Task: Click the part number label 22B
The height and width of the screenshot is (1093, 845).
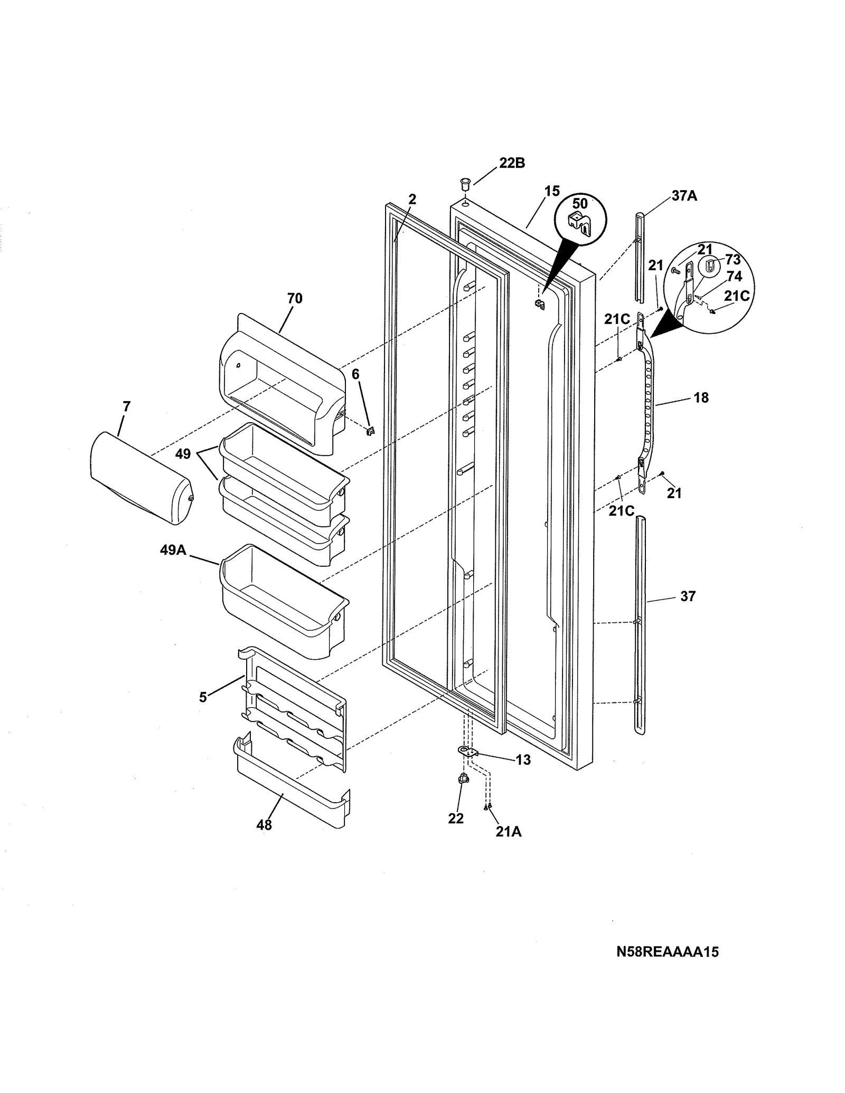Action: pyautogui.click(x=512, y=163)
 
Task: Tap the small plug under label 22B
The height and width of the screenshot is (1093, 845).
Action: pyautogui.click(x=464, y=185)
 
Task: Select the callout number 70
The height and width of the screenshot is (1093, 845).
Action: pyautogui.click(x=295, y=298)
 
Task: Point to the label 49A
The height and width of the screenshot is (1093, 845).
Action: pyautogui.click(x=173, y=550)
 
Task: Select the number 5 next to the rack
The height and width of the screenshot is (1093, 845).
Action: pyautogui.click(x=203, y=697)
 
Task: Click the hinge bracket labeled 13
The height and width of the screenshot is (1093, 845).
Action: pyautogui.click(x=466, y=751)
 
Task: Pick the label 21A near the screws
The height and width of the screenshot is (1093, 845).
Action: pyautogui.click(x=508, y=832)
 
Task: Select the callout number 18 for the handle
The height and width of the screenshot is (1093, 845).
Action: pyautogui.click(x=701, y=397)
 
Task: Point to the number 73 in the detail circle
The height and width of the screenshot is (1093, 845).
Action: pyautogui.click(x=733, y=260)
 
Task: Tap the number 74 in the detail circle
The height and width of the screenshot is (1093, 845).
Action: pyautogui.click(x=734, y=277)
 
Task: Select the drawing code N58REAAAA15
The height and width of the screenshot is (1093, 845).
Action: pyautogui.click(x=667, y=952)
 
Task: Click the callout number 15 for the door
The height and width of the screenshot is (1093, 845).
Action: pyautogui.click(x=552, y=191)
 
